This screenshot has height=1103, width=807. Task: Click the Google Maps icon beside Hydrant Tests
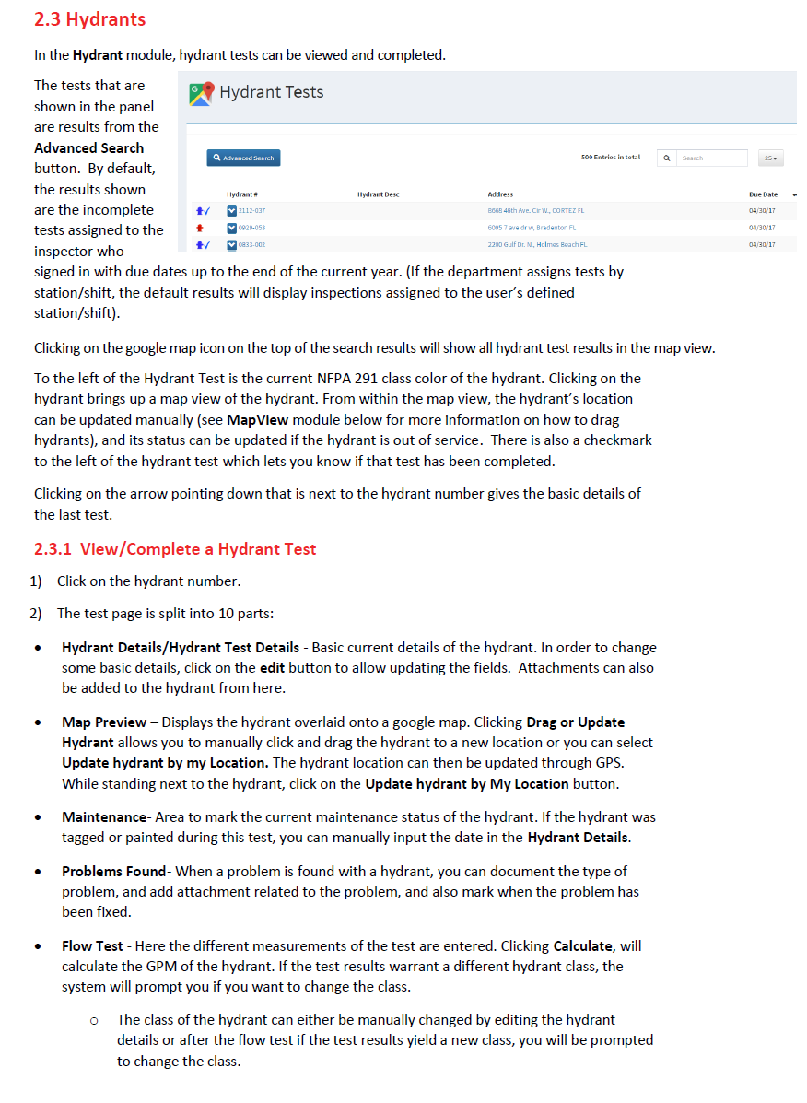(x=202, y=92)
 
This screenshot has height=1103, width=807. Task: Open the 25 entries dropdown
(x=769, y=158)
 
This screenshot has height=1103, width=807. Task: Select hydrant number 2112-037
(x=252, y=211)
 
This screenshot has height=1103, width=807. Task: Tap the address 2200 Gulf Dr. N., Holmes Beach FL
(x=537, y=244)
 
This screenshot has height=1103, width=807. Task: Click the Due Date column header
(x=763, y=194)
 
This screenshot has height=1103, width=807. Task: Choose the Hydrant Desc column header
(x=378, y=194)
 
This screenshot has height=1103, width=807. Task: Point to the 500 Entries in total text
(x=610, y=158)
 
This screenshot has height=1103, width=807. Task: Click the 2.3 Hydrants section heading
(x=89, y=19)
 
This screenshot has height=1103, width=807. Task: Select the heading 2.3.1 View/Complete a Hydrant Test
(x=175, y=549)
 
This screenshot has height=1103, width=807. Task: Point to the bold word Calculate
(x=583, y=946)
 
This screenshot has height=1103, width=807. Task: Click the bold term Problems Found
(x=115, y=871)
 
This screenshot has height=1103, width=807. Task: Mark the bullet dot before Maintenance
(x=37, y=817)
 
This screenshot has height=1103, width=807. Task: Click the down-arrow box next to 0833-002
(x=232, y=244)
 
